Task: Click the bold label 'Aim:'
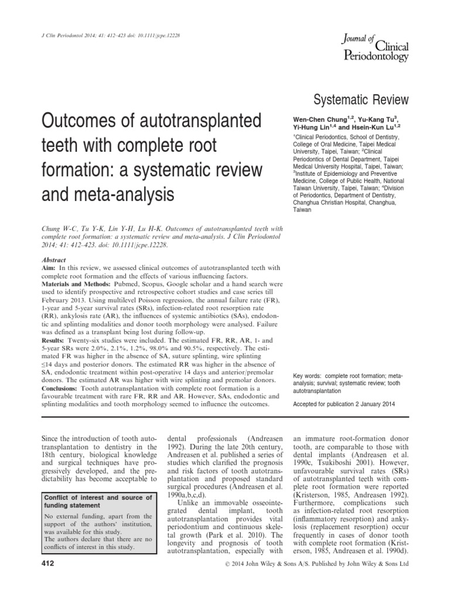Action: (x=47, y=266)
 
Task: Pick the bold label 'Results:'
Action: (x=53, y=340)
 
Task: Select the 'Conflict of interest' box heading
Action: (x=98, y=502)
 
